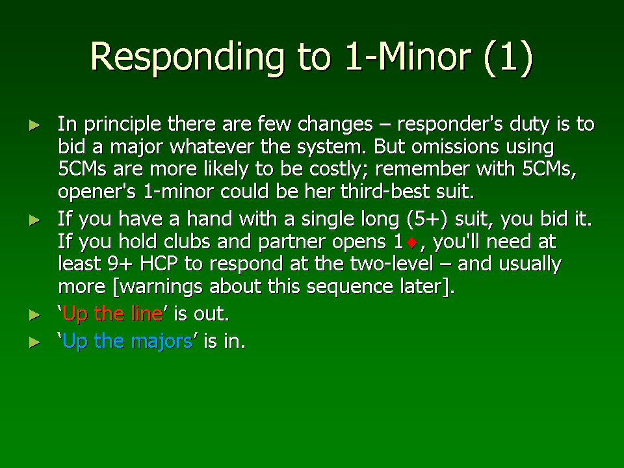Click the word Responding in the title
point(187,57)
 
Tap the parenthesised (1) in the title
point(508,57)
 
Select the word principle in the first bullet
point(122,124)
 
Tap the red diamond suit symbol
point(412,242)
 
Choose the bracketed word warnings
point(157,287)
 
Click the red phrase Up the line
point(112,313)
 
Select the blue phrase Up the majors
point(127,341)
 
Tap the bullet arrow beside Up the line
point(35,315)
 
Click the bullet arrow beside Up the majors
point(35,343)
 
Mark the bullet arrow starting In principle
point(35,125)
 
